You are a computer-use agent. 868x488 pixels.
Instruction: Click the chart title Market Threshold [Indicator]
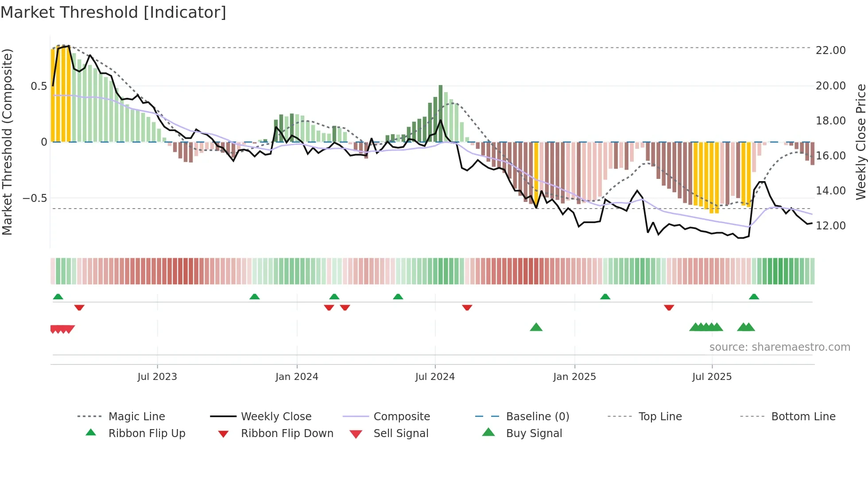click(113, 12)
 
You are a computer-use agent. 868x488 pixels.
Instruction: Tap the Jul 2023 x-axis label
click(157, 377)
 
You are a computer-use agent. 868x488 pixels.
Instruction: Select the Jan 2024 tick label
click(297, 377)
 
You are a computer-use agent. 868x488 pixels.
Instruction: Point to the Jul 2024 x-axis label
click(435, 377)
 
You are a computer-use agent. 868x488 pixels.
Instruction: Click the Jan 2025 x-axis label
click(574, 377)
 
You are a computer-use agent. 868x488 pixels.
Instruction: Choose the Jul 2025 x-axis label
click(712, 377)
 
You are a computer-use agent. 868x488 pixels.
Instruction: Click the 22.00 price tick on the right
click(830, 50)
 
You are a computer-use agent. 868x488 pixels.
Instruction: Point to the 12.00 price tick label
click(830, 226)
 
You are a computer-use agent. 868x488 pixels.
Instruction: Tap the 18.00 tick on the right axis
click(830, 121)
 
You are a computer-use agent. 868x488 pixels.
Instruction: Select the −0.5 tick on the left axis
click(35, 198)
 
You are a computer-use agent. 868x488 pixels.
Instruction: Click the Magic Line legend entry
click(136, 417)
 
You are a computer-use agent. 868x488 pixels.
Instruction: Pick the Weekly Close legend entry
click(276, 417)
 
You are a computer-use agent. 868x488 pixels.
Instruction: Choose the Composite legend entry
click(402, 417)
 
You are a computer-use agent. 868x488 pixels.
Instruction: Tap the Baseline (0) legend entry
click(537, 417)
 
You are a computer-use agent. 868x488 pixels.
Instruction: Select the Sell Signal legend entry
click(401, 434)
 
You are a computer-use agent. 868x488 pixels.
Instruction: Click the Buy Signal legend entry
click(534, 434)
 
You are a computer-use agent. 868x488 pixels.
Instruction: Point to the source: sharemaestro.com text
click(779, 347)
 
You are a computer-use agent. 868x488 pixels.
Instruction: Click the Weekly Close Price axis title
click(860, 142)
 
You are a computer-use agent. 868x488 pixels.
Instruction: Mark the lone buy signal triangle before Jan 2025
click(536, 327)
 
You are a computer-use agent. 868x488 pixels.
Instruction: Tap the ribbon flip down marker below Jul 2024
click(467, 307)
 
